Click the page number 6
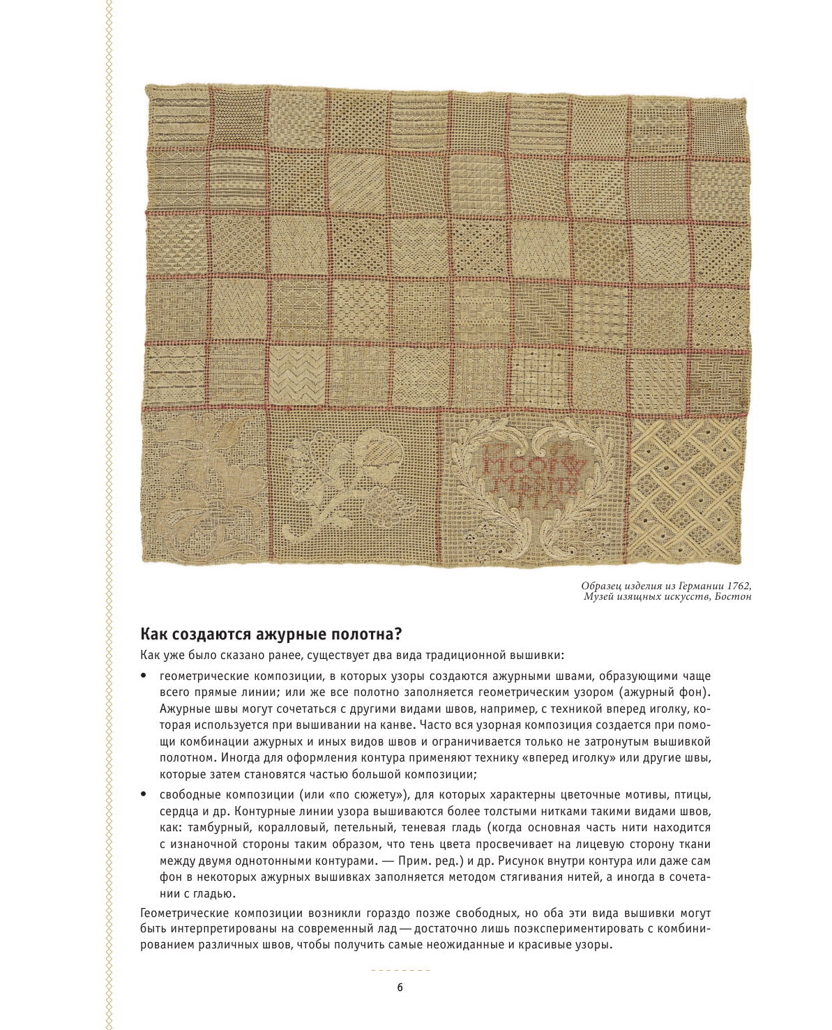pyautogui.click(x=400, y=987)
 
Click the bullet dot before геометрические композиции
pyautogui.click(x=143, y=676)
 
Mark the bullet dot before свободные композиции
pyautogui.click(x=143, y=794)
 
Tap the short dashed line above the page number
pyautogui.click(x=400, y=971)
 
